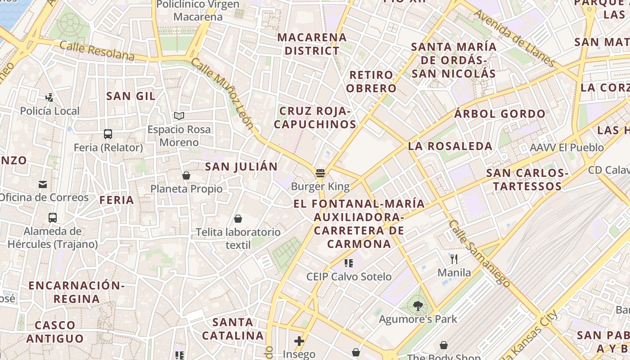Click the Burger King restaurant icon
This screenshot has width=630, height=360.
click(320, 173)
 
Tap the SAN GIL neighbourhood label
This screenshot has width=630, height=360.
click(131, 96)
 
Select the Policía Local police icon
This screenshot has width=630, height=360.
click(49, 97)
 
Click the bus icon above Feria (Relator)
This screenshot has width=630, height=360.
click(108, 134)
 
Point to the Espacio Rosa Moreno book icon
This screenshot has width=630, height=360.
click(179, 116)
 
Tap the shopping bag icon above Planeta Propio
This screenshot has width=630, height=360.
click(186, 175)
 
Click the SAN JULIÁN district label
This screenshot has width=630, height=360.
click(241, 166)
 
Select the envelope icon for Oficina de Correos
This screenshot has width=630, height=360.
click(43, 184)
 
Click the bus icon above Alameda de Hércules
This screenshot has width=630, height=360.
click(53, 218)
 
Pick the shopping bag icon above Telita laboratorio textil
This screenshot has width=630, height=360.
click(238, 219)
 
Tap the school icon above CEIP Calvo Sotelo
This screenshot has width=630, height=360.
click(349, 263)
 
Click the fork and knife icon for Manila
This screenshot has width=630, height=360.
click(454, 259)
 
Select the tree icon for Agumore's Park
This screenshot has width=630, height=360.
click(418, 306)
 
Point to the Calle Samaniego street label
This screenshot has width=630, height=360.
click(480, 254)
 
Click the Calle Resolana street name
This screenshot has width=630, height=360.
click(97, 51)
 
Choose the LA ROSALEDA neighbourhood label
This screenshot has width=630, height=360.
click(450, 146)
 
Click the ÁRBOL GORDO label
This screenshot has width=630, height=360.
click(499, 114)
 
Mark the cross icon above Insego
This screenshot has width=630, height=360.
click(299, 341)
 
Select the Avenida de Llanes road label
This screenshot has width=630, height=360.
click(513, 38)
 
